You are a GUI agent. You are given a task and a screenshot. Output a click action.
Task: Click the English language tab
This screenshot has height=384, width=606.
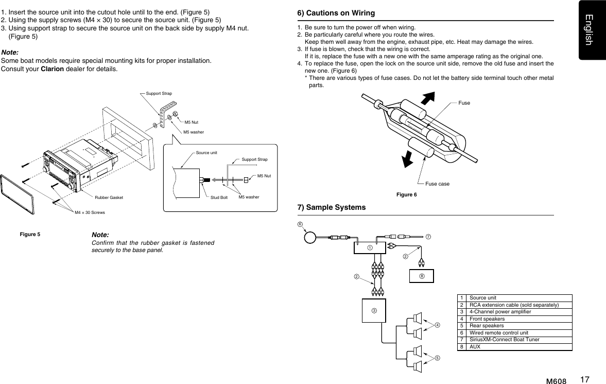tap(592, 29)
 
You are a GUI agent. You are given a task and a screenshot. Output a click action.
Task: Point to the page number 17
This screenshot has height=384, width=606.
tap(584, 380)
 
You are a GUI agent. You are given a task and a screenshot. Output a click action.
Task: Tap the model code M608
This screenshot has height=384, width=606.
tap(556, 381)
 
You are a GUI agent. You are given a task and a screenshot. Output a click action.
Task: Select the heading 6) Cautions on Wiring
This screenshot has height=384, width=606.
tap(336, 13)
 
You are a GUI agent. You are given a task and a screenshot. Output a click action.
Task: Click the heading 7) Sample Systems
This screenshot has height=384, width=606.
tap(332, 207)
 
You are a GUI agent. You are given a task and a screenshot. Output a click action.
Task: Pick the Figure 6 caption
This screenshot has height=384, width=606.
tap(406, 194)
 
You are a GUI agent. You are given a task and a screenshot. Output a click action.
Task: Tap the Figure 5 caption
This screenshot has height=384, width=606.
tap(30, 235)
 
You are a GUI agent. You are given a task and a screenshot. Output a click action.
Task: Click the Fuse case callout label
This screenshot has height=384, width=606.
tap(437, 183)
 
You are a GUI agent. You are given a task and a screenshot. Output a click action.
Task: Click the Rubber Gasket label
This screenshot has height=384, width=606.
tap(109, 197)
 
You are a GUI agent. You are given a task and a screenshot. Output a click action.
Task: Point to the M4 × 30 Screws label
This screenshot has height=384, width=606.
tap(90, 212)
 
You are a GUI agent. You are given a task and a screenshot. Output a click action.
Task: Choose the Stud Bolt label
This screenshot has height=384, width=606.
tap(219, 197)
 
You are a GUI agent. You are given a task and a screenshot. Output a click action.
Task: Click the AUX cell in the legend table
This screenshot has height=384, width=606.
tap(475, 347)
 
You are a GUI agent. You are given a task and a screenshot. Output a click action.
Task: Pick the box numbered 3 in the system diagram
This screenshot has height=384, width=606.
tap(374, 310)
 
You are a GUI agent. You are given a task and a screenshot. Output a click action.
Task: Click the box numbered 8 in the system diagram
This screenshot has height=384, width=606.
tap(421, 276)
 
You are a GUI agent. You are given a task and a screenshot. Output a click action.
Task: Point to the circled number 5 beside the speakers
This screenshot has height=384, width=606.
tap(437, 357)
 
